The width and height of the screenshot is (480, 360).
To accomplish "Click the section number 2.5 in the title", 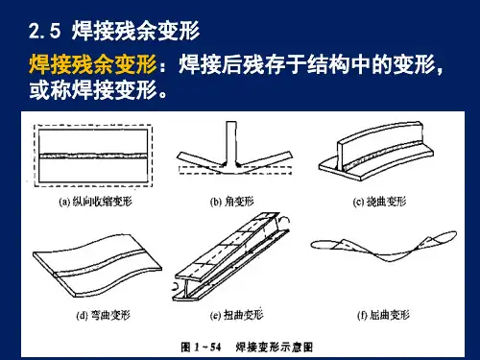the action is click(x=44, y=31).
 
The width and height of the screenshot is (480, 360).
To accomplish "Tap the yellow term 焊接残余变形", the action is click(x=93, y=64).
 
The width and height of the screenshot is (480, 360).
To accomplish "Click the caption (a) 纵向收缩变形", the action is click(x=95, y=202).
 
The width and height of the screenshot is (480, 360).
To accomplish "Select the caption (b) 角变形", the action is click(x=231, y=202).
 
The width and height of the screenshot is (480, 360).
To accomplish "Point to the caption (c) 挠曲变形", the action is click(x=379, y=202).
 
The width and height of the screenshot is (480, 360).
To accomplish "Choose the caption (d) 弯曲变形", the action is click(x=103, y=315).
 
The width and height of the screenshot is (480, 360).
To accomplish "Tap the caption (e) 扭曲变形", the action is click(x=236, y=315).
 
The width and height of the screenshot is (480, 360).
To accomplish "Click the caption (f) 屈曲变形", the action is click(x=383, y=315).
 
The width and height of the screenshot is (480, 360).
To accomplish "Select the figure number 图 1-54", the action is click(x=201, y=347).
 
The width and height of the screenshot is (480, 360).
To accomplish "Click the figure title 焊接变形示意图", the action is click(x=275, y=347).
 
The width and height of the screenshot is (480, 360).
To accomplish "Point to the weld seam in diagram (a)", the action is click(x=93, y=156).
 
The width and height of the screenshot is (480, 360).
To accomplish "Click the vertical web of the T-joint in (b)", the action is click(x=230, y=143).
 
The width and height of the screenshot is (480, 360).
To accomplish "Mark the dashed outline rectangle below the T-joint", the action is click(x=235, y=170).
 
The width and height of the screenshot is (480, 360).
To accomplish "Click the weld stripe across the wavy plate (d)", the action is click(x=99, y=262).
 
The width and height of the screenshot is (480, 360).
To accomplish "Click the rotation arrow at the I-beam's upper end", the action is click(x=284, y=219).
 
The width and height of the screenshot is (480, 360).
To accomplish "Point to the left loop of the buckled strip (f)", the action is click(x=324, y=245).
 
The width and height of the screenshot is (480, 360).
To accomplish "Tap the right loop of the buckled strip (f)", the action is click(x=444, y=238).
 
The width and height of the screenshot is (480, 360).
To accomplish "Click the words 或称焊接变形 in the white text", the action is click(x=93, y=90).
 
